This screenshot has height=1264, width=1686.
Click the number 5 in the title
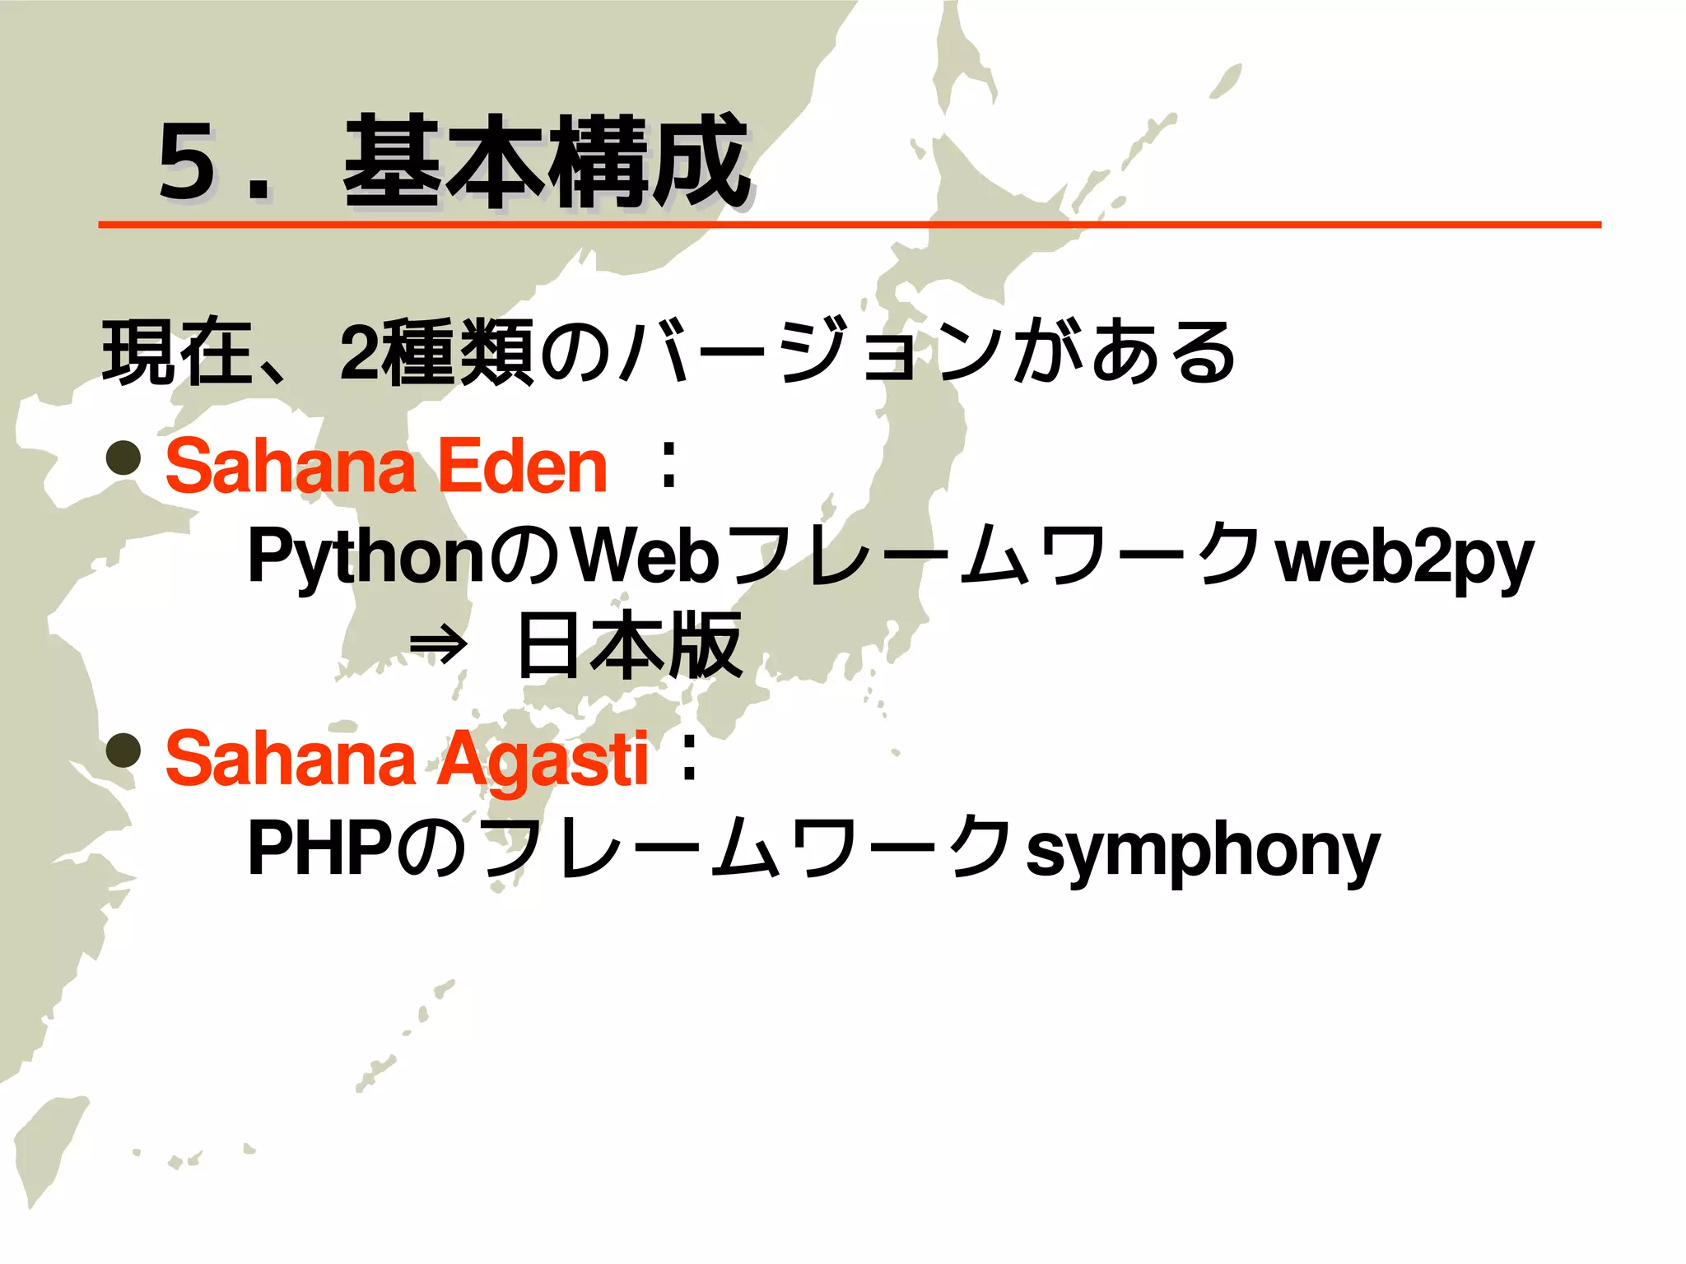190,162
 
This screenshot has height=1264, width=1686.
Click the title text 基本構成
546,162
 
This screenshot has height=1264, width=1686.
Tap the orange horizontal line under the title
848,224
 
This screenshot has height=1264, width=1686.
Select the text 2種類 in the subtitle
436,352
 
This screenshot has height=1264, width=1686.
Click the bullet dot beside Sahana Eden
123,458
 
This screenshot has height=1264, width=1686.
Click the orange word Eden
522,467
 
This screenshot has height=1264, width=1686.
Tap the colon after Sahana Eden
668,467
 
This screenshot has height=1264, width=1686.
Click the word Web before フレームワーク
645,557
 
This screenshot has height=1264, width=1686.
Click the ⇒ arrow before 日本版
438,647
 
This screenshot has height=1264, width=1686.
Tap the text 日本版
630,646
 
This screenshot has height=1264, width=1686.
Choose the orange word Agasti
542,760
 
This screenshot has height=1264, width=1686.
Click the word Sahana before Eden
290,467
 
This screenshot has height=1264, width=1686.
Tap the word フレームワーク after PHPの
748,849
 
